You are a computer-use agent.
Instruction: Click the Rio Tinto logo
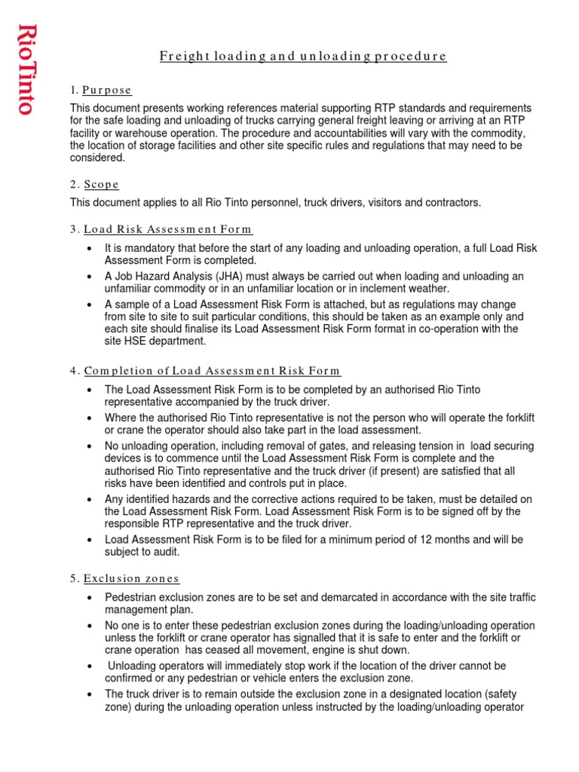[27, 69]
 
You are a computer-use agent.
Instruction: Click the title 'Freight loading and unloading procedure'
[303, 57]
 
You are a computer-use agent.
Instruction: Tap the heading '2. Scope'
[94, 184]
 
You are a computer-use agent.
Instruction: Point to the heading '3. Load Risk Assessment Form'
[161, 229]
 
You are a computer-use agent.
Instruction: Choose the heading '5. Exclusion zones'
[124, 578]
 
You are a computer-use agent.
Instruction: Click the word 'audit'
[164, 552]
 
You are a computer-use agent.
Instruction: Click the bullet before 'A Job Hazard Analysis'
[90, 277]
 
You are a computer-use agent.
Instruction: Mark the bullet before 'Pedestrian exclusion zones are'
[90, 597]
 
